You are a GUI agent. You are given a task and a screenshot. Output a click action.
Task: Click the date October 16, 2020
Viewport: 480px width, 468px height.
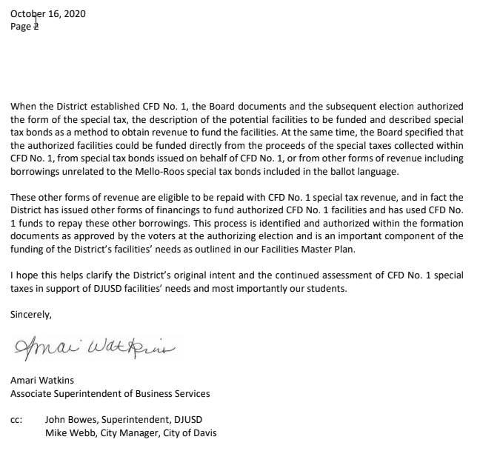(x=48, y=13)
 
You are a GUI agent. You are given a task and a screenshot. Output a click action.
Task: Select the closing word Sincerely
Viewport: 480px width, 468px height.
(x=31, y=314)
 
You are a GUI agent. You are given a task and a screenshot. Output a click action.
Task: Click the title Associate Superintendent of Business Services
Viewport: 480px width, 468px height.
(x=110, y=393)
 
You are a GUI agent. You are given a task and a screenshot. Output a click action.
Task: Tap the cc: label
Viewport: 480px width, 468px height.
(x=16, y=419)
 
